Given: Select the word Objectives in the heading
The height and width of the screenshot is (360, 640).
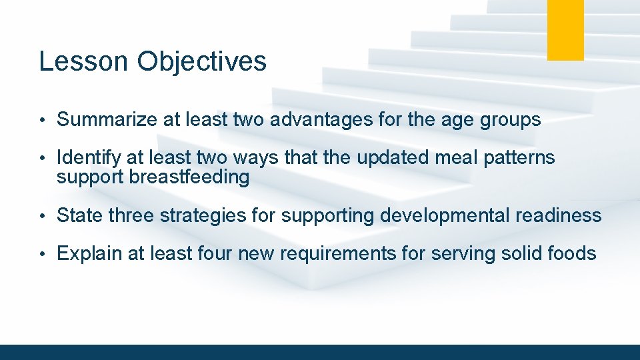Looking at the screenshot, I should (x=202, y=61).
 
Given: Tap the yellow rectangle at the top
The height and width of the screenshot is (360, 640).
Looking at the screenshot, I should (x=565, y=29).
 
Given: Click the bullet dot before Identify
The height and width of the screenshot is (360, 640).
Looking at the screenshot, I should (x=41, y=158).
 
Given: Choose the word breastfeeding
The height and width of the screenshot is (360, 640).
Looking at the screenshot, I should (x=190, y=177).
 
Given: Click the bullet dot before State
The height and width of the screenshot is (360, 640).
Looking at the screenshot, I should (x=41, y=216).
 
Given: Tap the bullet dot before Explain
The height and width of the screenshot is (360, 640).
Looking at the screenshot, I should (x=41, y=254).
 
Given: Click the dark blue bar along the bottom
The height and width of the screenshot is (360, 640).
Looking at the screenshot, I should (x=320, y=352).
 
